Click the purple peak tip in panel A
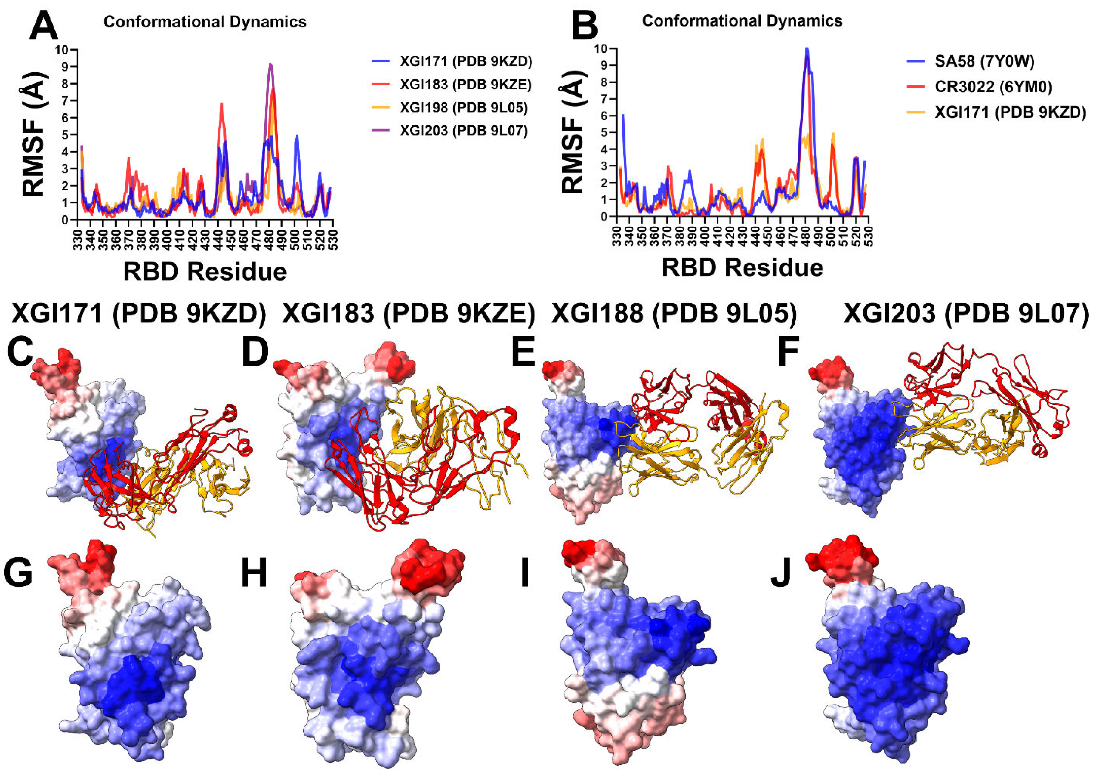pos(270,64)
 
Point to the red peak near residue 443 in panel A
pos(222,104)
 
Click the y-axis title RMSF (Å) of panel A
pos(33,134)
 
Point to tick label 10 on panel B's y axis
pos(601,48)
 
